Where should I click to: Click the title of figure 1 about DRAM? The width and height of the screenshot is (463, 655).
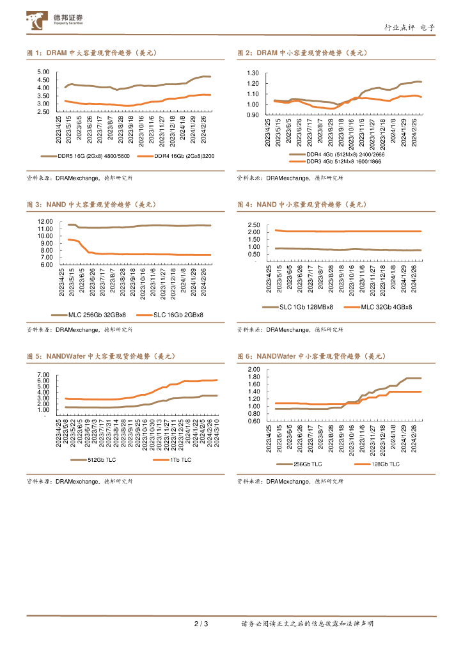point(92,53)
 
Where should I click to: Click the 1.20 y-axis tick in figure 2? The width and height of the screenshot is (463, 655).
point(252,83)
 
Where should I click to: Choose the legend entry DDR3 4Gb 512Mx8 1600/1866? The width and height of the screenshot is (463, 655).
point(340,162)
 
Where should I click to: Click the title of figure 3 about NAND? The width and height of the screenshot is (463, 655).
point(92,205)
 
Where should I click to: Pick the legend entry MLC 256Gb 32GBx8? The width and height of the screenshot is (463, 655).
point(95,315)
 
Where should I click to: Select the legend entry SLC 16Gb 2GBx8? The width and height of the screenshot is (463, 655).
point(176,315)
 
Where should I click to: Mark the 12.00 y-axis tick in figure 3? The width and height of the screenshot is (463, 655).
point(45,221)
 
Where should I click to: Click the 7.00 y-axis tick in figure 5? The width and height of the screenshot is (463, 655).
point(43,374)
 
